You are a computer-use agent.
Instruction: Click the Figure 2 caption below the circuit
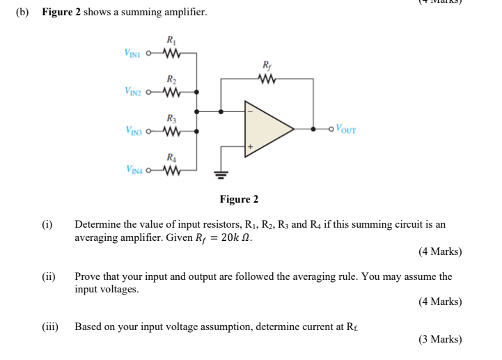pyautogui.click(x=239, y=200)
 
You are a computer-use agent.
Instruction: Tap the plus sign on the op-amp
pyautogui.click(x=249, y=147)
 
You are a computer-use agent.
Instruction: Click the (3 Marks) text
pyautogui.click(x=439, y=339)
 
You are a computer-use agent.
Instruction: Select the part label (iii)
pyautogui.click(x=50, y=326)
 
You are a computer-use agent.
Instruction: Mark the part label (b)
pyautogui.click(x=22, y=13)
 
